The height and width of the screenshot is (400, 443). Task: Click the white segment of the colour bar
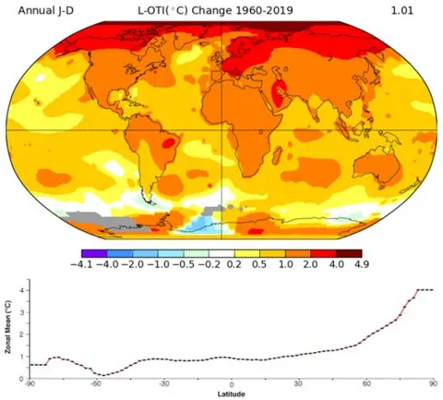click(221, 252)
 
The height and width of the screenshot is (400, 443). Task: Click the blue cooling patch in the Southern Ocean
click(197, 224)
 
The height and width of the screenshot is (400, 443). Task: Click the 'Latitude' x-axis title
click(232, 394)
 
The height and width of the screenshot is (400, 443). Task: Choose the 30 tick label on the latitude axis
click(299, 384)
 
